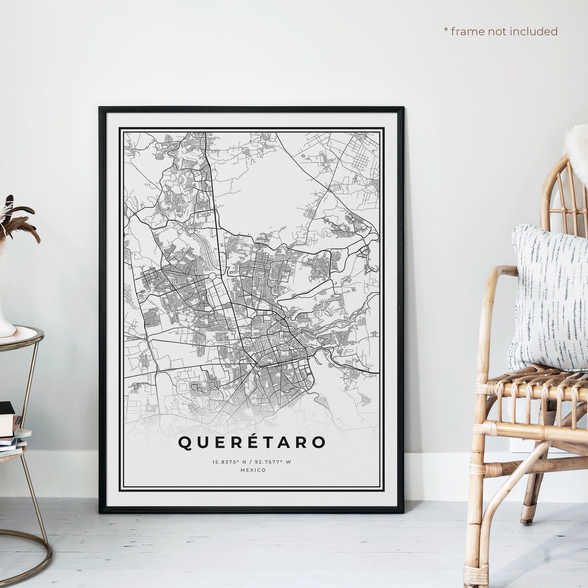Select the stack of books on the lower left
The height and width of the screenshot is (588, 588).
[11, 426]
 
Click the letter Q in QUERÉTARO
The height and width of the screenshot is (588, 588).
[185, 443]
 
